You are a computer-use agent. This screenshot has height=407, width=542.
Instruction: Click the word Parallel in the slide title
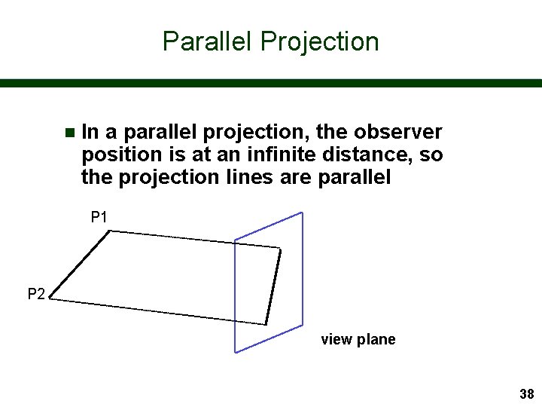(208, 41)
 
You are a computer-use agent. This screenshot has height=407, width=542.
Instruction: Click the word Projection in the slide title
(319, 41)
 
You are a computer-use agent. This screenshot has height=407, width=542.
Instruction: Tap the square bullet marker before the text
(69, 133)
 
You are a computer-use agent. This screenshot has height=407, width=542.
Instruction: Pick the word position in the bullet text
(116, 155)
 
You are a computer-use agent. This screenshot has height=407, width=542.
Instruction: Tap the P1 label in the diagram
(99, 218)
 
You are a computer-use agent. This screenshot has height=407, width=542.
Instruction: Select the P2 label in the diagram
(36, 294)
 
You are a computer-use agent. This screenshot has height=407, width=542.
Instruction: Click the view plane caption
(358, 339)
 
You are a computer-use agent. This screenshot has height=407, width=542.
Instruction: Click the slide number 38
(526, 394)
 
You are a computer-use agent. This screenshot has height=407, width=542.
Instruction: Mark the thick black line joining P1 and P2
(81, 265)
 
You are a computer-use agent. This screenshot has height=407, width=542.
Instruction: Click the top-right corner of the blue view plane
(302, 213)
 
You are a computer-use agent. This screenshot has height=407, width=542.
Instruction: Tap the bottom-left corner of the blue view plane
(236, 351)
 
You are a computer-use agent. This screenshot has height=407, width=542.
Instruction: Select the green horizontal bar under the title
(271, 83)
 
